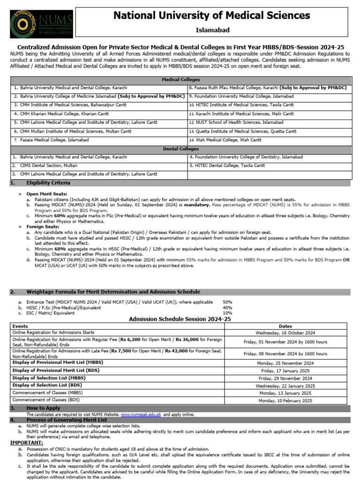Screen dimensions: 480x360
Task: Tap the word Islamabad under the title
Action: (x=212, y=30)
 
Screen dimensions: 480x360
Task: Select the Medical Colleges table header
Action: (x=180, y=80)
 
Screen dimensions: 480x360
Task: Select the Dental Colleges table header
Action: (x=180, y=149)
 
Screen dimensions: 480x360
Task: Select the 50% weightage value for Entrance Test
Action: (x=227, y=302)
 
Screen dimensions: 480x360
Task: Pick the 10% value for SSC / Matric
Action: (x=227, y=313)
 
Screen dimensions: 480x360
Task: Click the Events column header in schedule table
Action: (x=20, y=326)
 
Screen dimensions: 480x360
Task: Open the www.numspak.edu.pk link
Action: (x=141, y=415)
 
